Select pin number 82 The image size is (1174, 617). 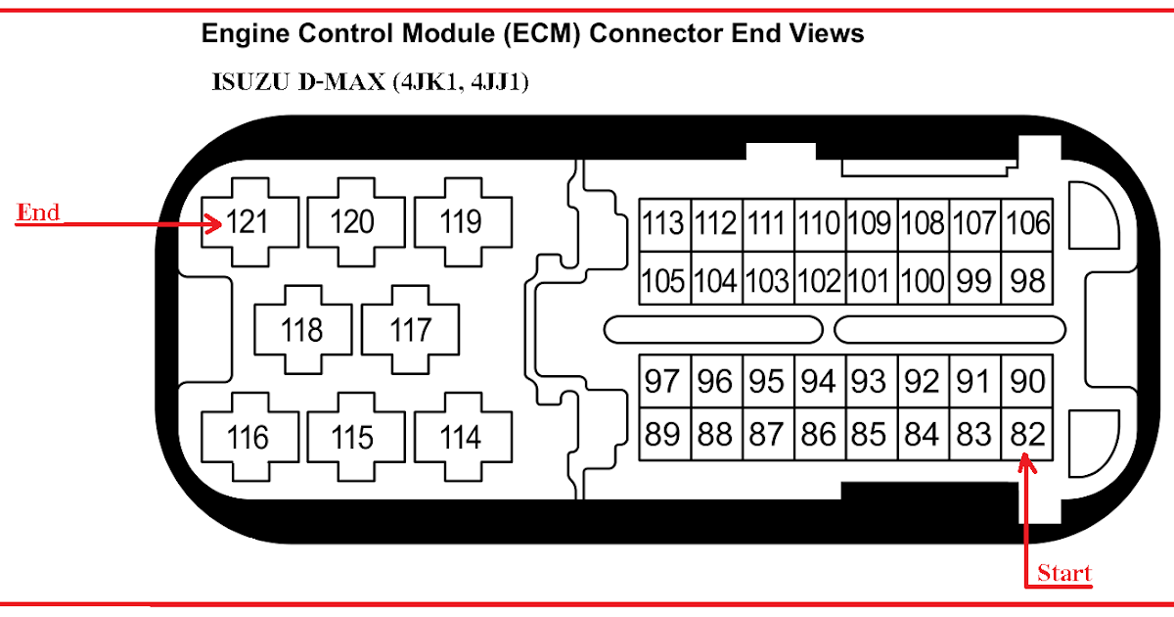(1028, 433)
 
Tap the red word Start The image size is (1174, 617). (1063, 573)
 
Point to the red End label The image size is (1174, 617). (39, 213)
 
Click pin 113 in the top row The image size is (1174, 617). (664, 224)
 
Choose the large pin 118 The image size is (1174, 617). (302, 330)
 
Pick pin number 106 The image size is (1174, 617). (1028, 224)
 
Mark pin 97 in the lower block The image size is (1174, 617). (664, 381)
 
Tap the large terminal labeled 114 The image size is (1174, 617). (461, 437)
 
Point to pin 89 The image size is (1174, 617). (664, 433)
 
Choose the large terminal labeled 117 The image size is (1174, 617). (410, 330)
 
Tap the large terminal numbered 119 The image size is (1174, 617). (461, 222)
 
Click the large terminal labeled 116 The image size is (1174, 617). (248, 437)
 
